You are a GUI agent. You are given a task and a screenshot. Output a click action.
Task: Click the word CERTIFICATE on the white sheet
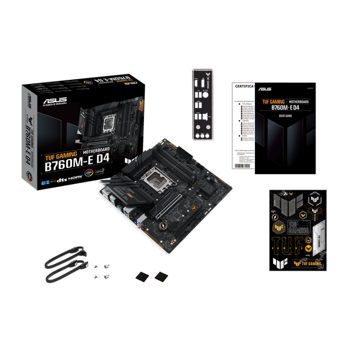[x=244, y=86]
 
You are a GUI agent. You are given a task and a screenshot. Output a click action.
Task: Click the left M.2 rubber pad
[x=142, y=276]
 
